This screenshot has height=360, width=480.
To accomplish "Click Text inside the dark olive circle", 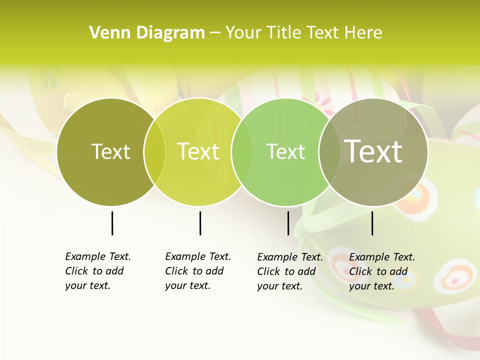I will (110, 151).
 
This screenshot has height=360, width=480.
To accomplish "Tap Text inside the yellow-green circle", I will (198, 151).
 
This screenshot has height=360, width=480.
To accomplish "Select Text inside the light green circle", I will (285, 151).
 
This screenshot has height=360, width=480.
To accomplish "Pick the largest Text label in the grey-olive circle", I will (373, 151).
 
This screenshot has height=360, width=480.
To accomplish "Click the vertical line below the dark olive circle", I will (112, 223).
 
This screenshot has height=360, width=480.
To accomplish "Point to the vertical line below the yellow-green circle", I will (200, 223).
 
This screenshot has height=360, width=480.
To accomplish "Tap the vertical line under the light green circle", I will (288, 223).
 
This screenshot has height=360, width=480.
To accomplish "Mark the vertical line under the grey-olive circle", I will (372, 223).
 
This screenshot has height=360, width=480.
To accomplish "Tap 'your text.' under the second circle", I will (187, 285).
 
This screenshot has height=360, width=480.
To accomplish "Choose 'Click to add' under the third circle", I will (286, 271).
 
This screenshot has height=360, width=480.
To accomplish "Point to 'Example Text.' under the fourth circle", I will (382, 257).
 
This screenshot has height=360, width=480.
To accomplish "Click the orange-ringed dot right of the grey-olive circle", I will (414, 196).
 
